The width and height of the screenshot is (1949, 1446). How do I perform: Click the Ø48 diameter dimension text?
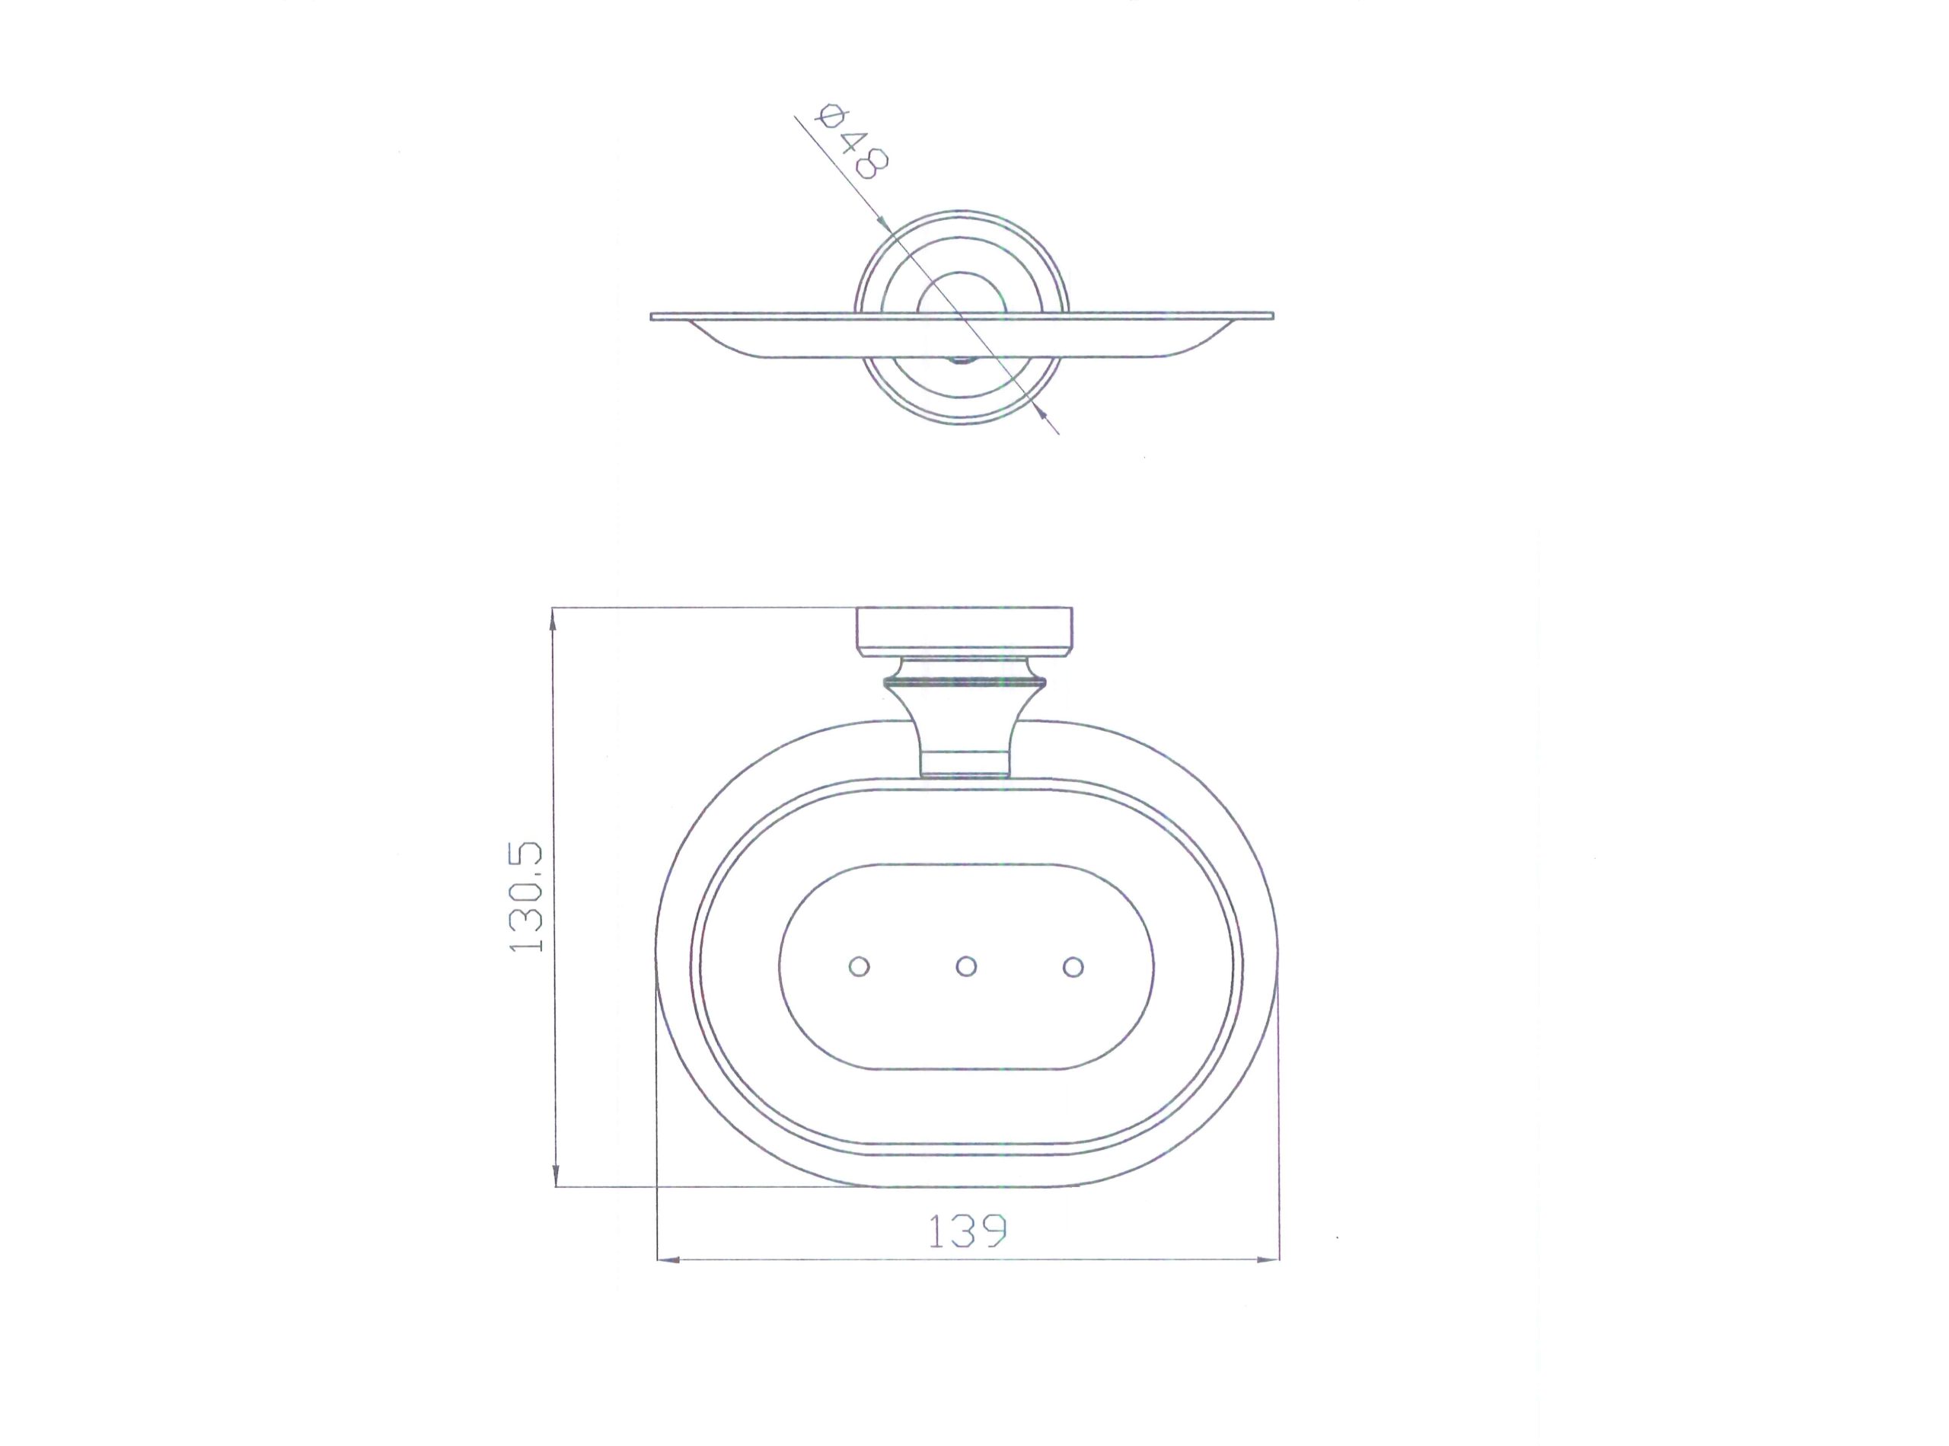850,142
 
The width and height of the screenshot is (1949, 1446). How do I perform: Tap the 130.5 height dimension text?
527,897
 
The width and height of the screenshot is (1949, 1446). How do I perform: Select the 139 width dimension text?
967,1231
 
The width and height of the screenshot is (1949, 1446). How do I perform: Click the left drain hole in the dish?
860,966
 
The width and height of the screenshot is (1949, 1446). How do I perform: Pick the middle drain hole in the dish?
966,966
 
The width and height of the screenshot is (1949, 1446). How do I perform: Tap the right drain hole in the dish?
1073,966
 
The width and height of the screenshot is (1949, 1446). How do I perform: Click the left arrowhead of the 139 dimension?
668,1259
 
